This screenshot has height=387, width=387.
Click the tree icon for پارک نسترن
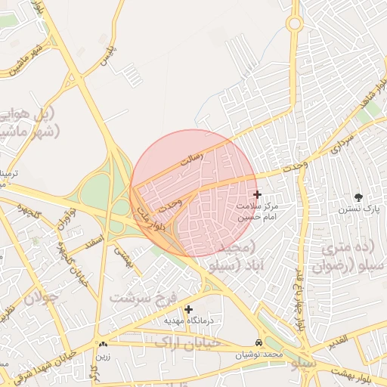click(x=358, y=197)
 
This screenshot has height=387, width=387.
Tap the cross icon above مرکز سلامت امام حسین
click(x=257, y=195)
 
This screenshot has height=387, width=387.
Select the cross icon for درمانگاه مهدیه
click(x=188, y=308)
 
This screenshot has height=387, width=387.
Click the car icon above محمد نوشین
click(x=259, y=342)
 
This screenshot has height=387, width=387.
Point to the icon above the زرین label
click(x=103, y=344)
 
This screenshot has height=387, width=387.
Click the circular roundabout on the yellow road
click(x=294, y=23)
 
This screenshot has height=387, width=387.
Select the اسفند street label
click(x=94, y=243)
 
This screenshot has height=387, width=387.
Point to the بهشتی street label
click(x=123, y=259)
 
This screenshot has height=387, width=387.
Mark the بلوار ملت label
click(x=149, y=221)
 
